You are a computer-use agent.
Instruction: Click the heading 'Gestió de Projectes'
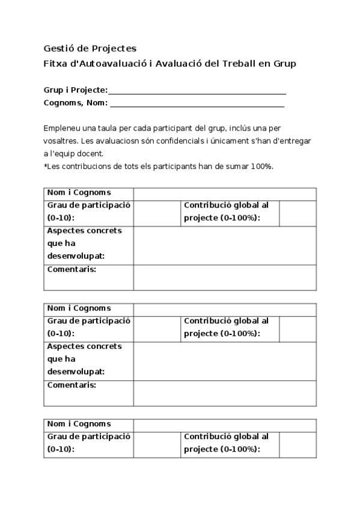tap(90, 48)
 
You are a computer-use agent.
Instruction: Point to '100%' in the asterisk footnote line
tap(261, 166)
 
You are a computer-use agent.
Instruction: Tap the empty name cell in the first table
tap(224, 193)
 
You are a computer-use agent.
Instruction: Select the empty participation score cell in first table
tap(156, 213)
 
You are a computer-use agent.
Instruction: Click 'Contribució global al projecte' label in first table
tap(226, 211)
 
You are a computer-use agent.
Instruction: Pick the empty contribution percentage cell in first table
tap(297, 213)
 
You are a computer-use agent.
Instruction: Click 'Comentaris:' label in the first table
tap(72, 269)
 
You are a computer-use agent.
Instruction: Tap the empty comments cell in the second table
tap(224, 393)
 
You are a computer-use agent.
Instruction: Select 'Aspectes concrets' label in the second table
tap(84, 346)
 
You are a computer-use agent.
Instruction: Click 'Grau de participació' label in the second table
tap(88, 321)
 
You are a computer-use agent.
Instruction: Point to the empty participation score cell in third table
tap(156, 444)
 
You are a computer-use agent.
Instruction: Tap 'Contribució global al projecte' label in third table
tap(226, 443)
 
